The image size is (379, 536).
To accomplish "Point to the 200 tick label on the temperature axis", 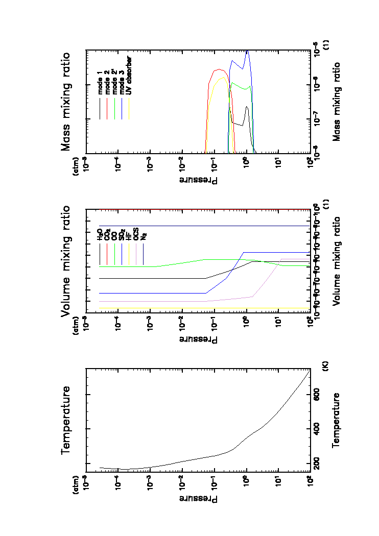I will pyautogui.click(x=317, y=463).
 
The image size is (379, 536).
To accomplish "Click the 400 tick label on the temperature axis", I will pyautogui.click(x=317, y=429).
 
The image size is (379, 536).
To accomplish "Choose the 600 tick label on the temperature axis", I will pyautogui.click(x=317, y=395).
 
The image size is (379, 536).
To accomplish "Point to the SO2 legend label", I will pyautogui.click(x=122, y=235).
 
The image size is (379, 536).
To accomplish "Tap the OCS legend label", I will pyautogui.click(x=136, y=235).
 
